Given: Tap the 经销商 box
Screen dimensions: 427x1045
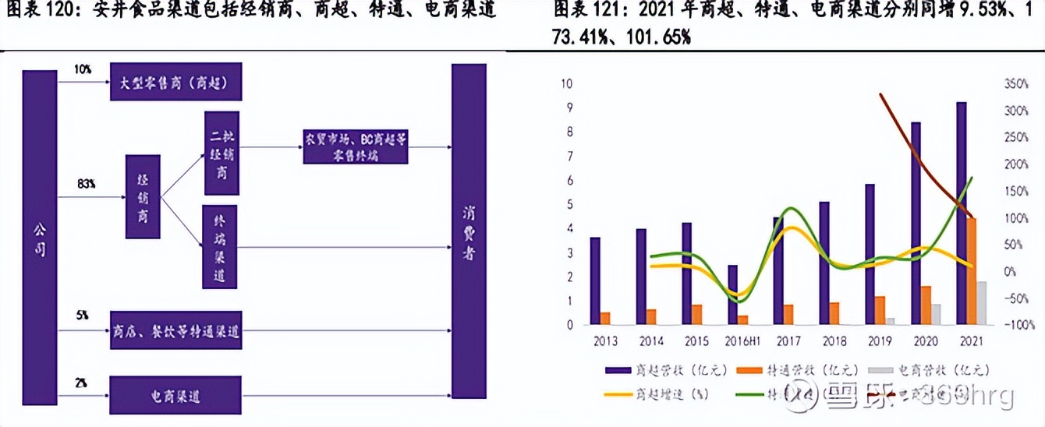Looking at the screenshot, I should coord(143,196).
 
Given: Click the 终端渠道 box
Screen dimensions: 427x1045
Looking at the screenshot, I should coord(219,247).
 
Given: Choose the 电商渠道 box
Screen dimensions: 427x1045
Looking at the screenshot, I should coord(175,397).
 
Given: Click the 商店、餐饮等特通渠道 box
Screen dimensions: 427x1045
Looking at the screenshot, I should coord(175,334).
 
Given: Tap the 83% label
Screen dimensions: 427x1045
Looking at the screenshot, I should coord(86,184).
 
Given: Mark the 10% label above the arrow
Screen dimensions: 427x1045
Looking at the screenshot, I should coord(83,69).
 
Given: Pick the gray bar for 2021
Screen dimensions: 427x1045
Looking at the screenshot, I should coord(982,303).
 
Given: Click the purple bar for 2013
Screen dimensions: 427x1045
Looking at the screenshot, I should coord(595,281).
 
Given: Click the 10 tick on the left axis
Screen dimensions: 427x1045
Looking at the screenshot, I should coord(567,84).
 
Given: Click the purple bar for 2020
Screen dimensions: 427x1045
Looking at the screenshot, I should coord(915,223).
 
